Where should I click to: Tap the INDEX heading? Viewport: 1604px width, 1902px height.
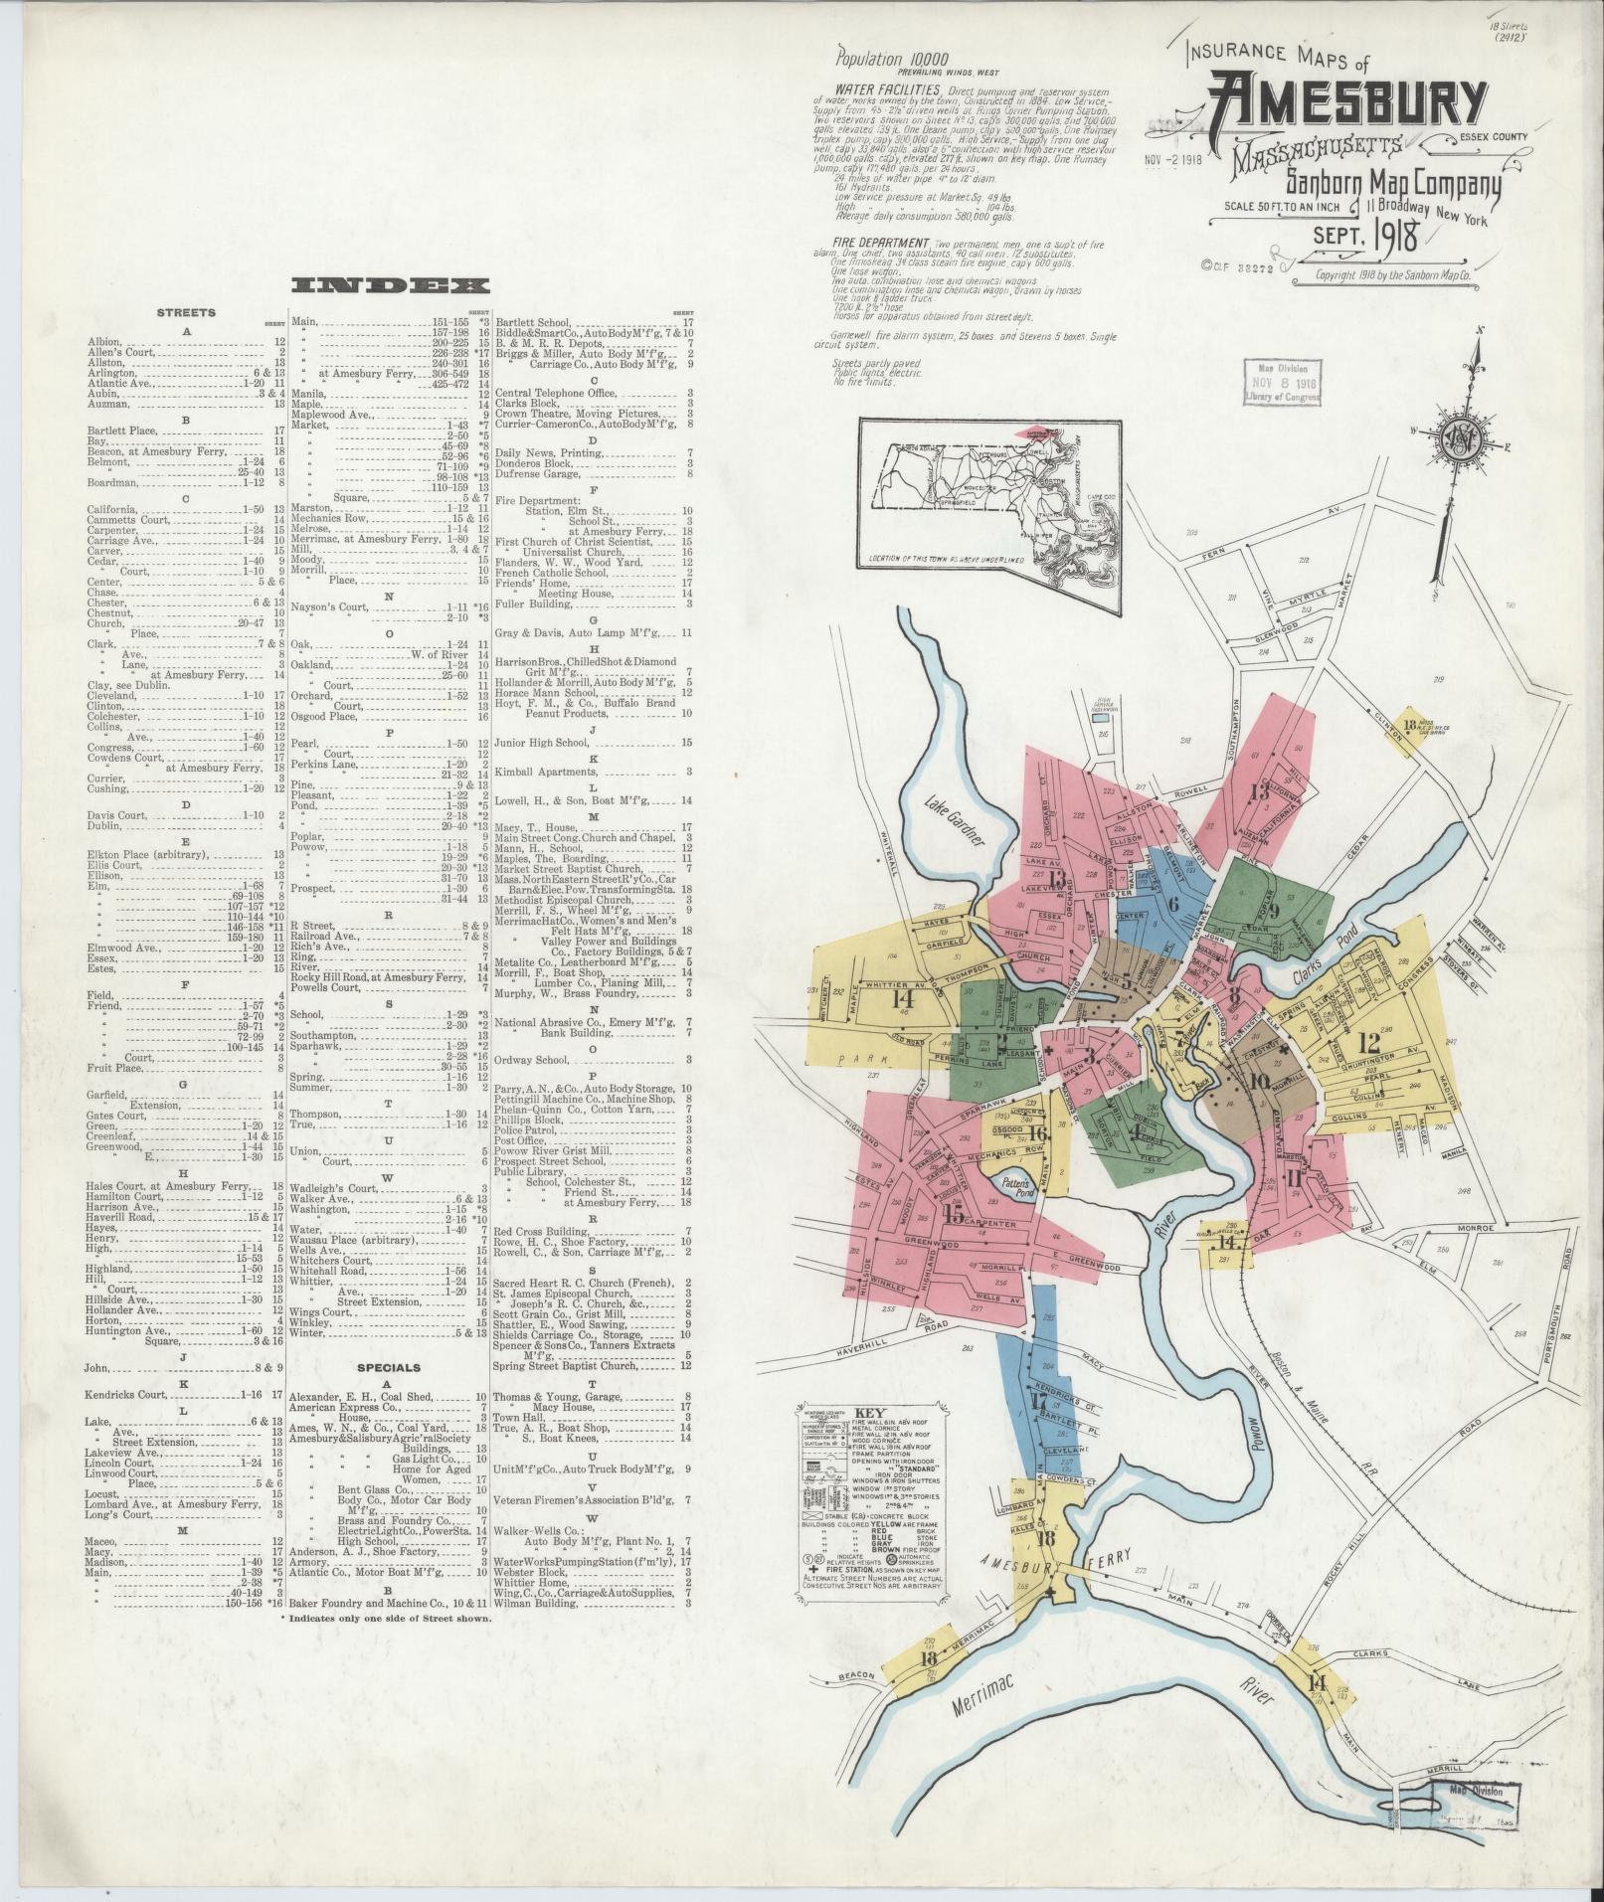(390, 286)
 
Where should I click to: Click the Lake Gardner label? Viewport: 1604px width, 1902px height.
(951, 821)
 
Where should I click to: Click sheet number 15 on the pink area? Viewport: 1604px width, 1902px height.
(953, 1214)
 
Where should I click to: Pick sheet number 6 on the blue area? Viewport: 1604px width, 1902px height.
(1172, 904)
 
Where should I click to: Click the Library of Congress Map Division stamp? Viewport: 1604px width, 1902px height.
(1282, 382)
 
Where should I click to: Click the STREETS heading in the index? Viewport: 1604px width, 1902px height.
(186, 312)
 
